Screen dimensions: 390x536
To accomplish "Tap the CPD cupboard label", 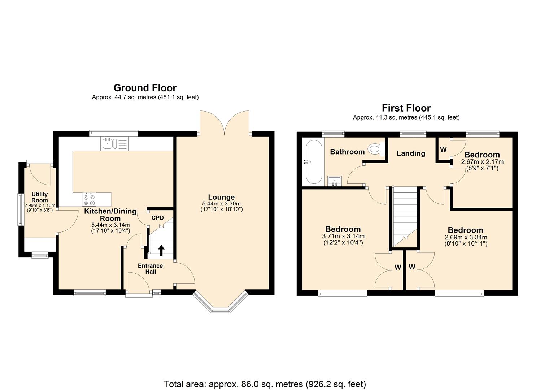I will click(157, 218).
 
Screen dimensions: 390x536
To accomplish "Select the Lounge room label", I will click(221, 197).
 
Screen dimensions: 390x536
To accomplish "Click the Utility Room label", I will click(40, 197).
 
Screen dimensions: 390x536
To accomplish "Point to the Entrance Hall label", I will click(151, 269).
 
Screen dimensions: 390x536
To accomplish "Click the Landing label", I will click(411, 153).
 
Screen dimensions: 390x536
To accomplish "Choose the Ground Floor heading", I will click(145, 88).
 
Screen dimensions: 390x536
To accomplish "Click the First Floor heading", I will click(406, 108).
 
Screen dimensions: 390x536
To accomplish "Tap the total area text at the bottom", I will click(265, 384).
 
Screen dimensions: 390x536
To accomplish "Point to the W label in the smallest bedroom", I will click(443, 149).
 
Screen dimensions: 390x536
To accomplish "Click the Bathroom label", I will click(347, 152).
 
